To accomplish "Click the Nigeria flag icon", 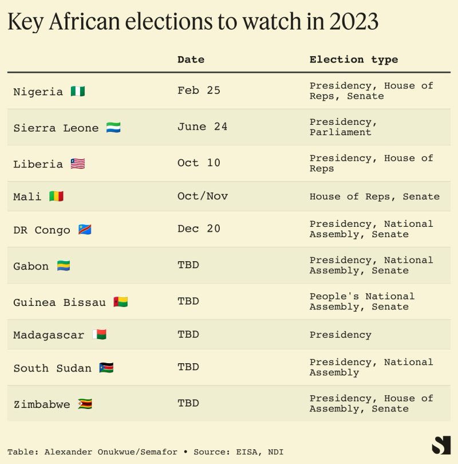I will click(78, 91).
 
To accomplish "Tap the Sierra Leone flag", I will click(113, 128).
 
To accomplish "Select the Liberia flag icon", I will click(78, 164).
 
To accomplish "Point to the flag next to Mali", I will click(56, 196).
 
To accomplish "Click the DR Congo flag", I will click(85, 230).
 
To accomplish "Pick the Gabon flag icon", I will click(64, 266).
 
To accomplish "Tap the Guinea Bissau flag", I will click(120, 302).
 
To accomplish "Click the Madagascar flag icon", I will click(99, 335).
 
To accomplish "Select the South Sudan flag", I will click(106, 368).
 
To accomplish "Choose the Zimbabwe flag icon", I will click(85, 404).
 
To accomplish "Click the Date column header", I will click(191, 60).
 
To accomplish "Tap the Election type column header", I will click(354, 60).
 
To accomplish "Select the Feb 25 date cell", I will click(199, 91).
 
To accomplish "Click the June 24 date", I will click(202, 127).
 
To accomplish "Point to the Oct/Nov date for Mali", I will click(203, 196).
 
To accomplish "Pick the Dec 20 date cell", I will click(199, 229).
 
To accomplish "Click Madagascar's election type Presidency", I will click(341, 335).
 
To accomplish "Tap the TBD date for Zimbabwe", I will click(188, 403).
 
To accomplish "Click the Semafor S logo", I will click(441, 445).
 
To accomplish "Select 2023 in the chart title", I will click(354, 22).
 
